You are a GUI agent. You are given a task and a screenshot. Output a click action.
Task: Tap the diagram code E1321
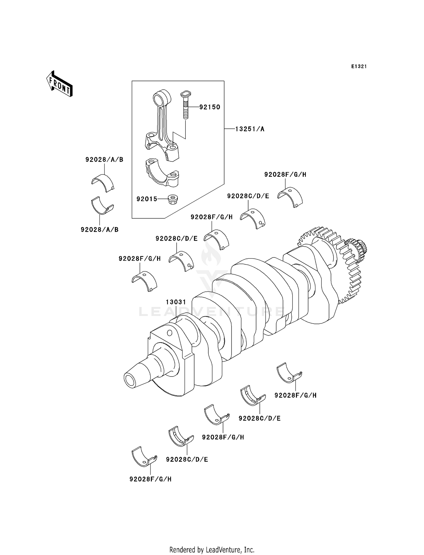point(359,66)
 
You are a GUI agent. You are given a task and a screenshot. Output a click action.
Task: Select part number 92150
point(209,107)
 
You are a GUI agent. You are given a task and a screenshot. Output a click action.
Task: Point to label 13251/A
point(250,129)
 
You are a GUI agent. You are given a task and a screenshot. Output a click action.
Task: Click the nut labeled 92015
point(172,199)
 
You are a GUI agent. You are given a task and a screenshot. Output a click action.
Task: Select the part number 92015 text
point(147,199)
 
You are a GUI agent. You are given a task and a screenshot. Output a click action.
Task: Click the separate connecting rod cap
point(162,173)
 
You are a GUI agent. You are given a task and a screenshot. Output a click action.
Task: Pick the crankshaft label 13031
point(176,302)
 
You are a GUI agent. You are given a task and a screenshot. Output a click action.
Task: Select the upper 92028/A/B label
point(104,160)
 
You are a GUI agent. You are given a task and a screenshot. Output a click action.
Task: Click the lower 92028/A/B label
point(99,230)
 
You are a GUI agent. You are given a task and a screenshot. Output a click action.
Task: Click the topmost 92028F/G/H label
point(285,175)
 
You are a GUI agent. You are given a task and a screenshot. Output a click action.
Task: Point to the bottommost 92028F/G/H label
point(150,479)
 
